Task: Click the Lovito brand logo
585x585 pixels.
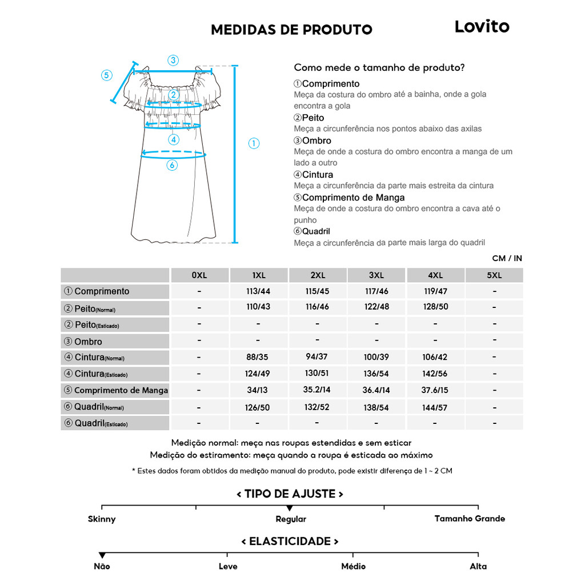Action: pos(482,26)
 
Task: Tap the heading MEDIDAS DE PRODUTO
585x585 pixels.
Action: pos(291,30)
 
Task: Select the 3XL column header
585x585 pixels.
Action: pos(376,275)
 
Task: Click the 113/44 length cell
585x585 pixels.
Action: pos(258,291)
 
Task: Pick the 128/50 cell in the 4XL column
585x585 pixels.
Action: pos(435,307)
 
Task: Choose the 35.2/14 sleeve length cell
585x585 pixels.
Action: pos(317,390)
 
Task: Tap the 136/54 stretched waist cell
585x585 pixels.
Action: pos(376,374)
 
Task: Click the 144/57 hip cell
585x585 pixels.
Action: pos(435,407)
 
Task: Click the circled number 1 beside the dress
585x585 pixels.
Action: pos(254,143)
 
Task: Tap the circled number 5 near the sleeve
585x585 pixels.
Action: pos(107,75)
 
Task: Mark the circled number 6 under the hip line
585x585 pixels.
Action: pos(173,165)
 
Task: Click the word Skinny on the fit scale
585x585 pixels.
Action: pos(102,519)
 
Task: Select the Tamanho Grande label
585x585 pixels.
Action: pos(470,519)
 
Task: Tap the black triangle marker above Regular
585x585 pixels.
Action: pos(290,508)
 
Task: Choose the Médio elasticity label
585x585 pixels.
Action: pos(353,566)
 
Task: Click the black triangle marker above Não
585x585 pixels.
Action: pos(102,555)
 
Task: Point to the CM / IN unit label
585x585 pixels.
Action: pos(507,258)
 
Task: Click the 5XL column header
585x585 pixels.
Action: pos(494,275)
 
